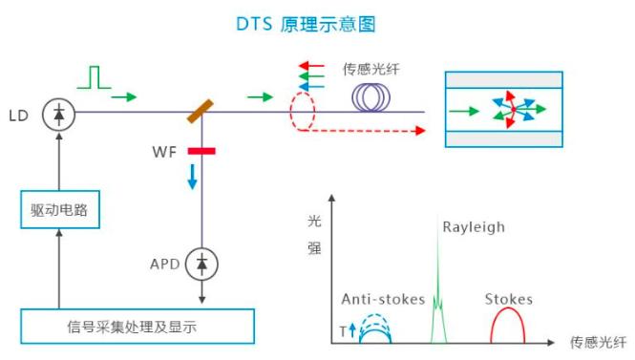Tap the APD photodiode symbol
pos(201,263)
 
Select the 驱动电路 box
pos(59,209)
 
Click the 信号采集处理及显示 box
pos(138,327)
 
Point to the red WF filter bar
pos(201,151)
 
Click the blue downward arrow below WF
pos(192,176)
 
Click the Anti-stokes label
pos(383,299)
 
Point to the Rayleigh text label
pos(473,227)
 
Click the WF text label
pos(163,151)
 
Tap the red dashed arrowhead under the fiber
pos(420,131)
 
